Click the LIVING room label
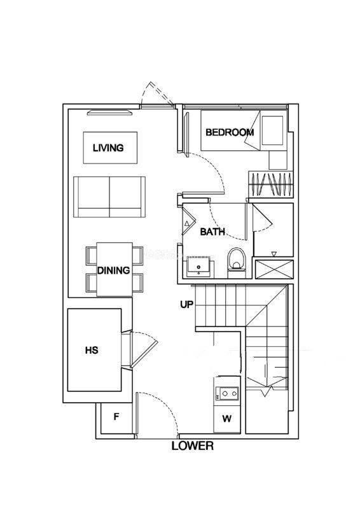[x=108, y=148]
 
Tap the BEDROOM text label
[x=230, y=132]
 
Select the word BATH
[x=212, y=232]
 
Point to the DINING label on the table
[x=114, y=270]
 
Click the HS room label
[x=92, y=351]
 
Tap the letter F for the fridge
[x=116, y=417]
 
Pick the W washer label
[x=227, y=419]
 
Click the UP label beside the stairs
[x=186, y=305]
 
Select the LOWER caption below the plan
[x=193, y=446]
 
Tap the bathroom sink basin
[x=198, y=267]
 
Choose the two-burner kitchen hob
[x=229, y=393]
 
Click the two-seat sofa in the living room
[x=109, y=197]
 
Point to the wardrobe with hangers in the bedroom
[x=271, y=185]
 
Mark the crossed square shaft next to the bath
[x=274, y=269]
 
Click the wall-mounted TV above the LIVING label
[x=110, y=113]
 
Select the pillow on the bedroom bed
[x=272, y=130]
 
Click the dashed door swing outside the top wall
[x=158, y=94]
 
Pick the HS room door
[x=144, y=349]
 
